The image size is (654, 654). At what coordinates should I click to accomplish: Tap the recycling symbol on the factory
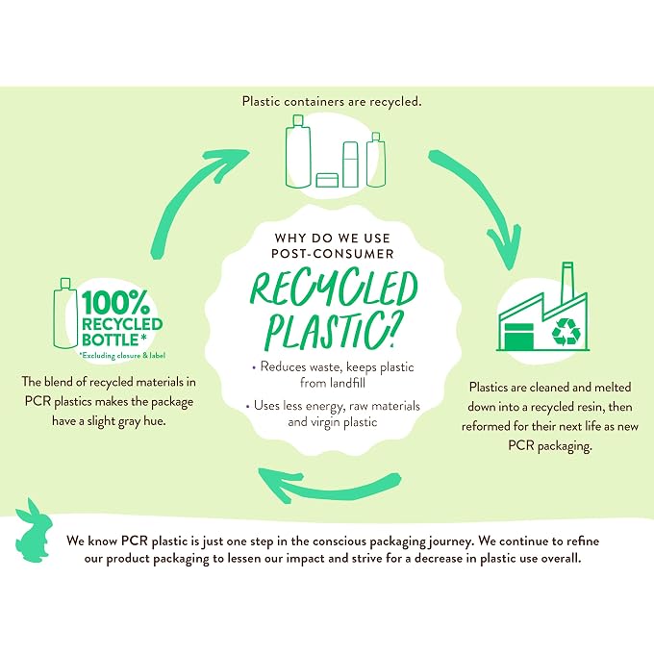(x=566, y=332)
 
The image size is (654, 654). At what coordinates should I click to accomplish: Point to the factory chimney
(x=567, y=284)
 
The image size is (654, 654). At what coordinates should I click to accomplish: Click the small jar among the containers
(x=327, y=180)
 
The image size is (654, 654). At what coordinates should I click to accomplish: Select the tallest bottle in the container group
(x=298, y=152)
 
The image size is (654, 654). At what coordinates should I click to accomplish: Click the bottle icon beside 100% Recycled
(x=65, y=314)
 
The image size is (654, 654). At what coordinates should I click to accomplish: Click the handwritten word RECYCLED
(x=334, y=289)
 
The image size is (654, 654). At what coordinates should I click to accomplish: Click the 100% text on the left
(x=115, y=303)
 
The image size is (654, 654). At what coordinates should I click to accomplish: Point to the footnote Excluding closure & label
(x=123, y=355)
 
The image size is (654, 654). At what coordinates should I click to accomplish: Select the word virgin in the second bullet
(x=324, y=422)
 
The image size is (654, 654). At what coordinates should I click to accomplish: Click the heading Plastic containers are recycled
(x=332, y=101)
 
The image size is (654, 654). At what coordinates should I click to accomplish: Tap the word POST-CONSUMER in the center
(x=333, y=254)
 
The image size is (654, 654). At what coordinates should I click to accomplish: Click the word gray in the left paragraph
(x=129, y=421)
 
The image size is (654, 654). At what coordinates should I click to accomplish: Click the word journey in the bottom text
(x=451, y=541)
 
